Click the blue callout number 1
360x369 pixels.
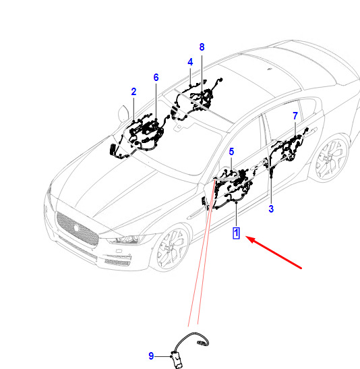click(x=236, y=233)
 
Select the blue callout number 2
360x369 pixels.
click(x=133, y=92)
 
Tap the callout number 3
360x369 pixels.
click(x=271, y=208)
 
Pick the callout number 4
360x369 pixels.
click(x=190, y=62)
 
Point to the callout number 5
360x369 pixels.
click(x=231, y=152)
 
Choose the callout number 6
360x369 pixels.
click(x=156, y=78)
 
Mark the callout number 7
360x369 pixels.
click(x=295, y=116)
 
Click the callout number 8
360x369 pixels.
click(x=202, y=47)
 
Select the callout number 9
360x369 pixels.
click(x=151, y=356)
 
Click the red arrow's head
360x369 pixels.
click(x=250, y=239)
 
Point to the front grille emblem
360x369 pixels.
click(x=76, y=227)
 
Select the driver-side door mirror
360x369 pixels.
click(x=123, y=113)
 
